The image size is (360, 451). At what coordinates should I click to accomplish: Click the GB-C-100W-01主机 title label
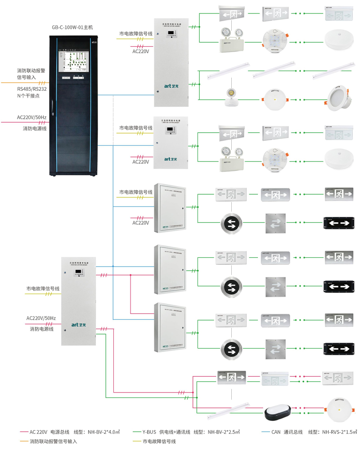pos(72,27)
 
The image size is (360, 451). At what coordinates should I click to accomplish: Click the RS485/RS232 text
pos(31,89)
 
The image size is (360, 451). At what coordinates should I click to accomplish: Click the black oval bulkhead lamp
pos(279,412)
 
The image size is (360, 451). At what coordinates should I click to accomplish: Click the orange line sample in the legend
pos(22,442)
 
